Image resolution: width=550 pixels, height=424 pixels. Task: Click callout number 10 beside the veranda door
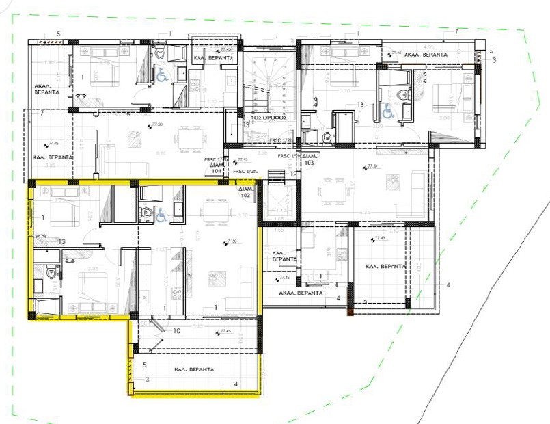(x=176, y=332)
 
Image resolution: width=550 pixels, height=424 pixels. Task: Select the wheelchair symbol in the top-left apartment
(x=163, y=77)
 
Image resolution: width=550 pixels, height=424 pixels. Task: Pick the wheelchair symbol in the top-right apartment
(x=387, y=109)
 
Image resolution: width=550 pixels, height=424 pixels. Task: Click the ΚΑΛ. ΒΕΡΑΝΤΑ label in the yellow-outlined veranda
(x=195, y=369)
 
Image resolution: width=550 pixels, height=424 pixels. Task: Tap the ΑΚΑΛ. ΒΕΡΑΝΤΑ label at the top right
(x=425, y=53)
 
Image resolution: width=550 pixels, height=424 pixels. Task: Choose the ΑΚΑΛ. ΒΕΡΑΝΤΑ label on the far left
(x=47, y=89)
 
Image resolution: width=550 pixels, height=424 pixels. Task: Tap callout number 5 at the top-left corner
(x=58, y=34)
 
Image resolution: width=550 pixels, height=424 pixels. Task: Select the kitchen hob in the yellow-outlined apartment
(x=176, y=293)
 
